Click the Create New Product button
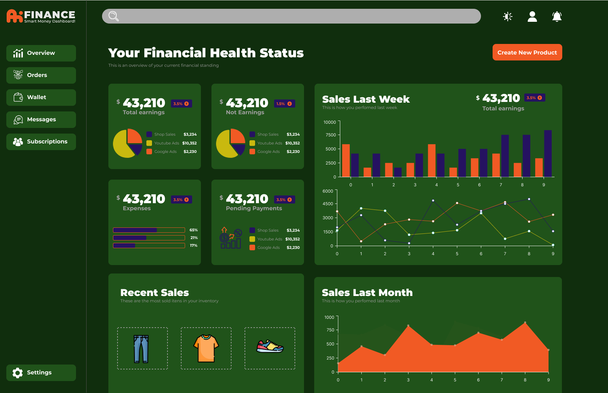pyautogui.click(x=527, y=52)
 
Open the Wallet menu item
pyautogui.click(x=41, y=97)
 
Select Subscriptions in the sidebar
pyautogui.click(x=41, y=142)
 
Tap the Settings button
pyautogui.click(x=41, y=373)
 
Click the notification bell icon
pyautogui.click(x=557, y=17)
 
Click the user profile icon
pyautogui.click(x=532, y=17)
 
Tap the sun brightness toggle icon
pyautogui.click(x=508, y=17)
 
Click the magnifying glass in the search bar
pyautogui.click(x=113, y=16)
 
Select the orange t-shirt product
pyautogui.click(x=206, y=348)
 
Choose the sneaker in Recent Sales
pyautogui.click(x=270, y=348)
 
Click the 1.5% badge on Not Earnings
pyautogui.click(x=284, y=104)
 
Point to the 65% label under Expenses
pyautogui.click(x=194, y=230)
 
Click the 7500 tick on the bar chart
pyautogui.click(x=331, y=135)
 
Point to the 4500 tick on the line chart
pyautogui.click(x=328, y=204)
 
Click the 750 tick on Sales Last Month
pyautogui.click(x=330, y=330)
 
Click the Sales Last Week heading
pyautogui.click(x=366, y=99)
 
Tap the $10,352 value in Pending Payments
pyautogui.click(x=293, y=239)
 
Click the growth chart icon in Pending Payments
pyautogui.click(x=231, y=238)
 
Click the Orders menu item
pyautogui.click(x=41, y=75)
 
